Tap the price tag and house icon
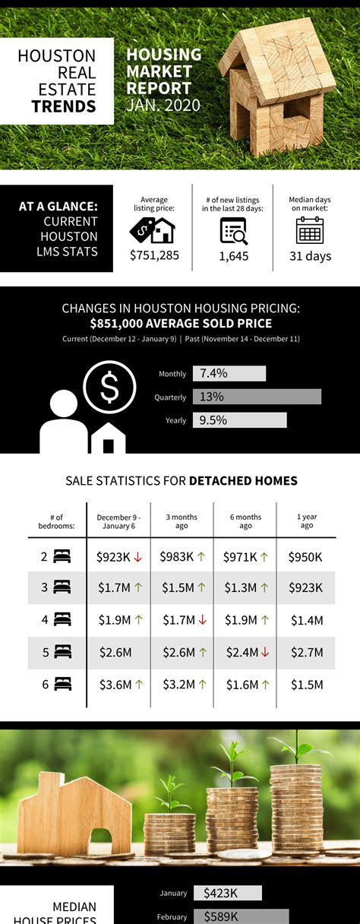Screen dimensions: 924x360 pos(152,229)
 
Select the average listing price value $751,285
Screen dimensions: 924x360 pos(154,255)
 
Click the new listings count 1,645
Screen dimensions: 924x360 pos(233,256)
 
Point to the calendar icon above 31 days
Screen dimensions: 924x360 pos(310,229)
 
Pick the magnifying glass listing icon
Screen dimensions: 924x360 pos(233,229)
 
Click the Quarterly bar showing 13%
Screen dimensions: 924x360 pos(257,397)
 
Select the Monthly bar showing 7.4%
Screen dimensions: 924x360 pos(229,373)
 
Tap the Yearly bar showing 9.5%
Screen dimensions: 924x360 pos(240,420)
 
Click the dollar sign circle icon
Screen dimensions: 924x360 pos(109,388)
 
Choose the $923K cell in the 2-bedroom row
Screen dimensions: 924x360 pos(113,557)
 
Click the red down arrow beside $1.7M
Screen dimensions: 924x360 pos(203,620)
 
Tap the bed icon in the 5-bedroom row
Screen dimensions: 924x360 pos(62,653)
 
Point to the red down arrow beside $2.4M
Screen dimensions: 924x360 pos(265,653)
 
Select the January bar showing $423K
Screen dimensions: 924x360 pos(228,893)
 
